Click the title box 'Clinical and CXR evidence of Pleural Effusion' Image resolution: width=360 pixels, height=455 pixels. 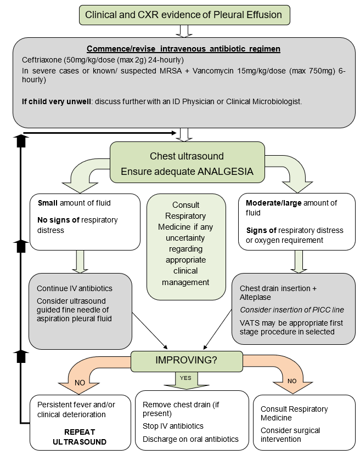click(x=184, y=14)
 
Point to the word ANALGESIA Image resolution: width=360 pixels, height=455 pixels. click(x=224, y=171)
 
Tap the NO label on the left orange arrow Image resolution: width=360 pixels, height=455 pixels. click(x=80, y=382)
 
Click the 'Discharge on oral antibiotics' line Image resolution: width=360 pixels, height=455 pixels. click(x=190, y=439)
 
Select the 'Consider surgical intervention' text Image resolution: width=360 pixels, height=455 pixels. click(x=290, y=435)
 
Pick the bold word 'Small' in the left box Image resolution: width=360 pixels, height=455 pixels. click(x=48, y=203)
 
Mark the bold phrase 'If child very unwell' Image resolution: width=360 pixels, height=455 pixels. click(x=57, y=101)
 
